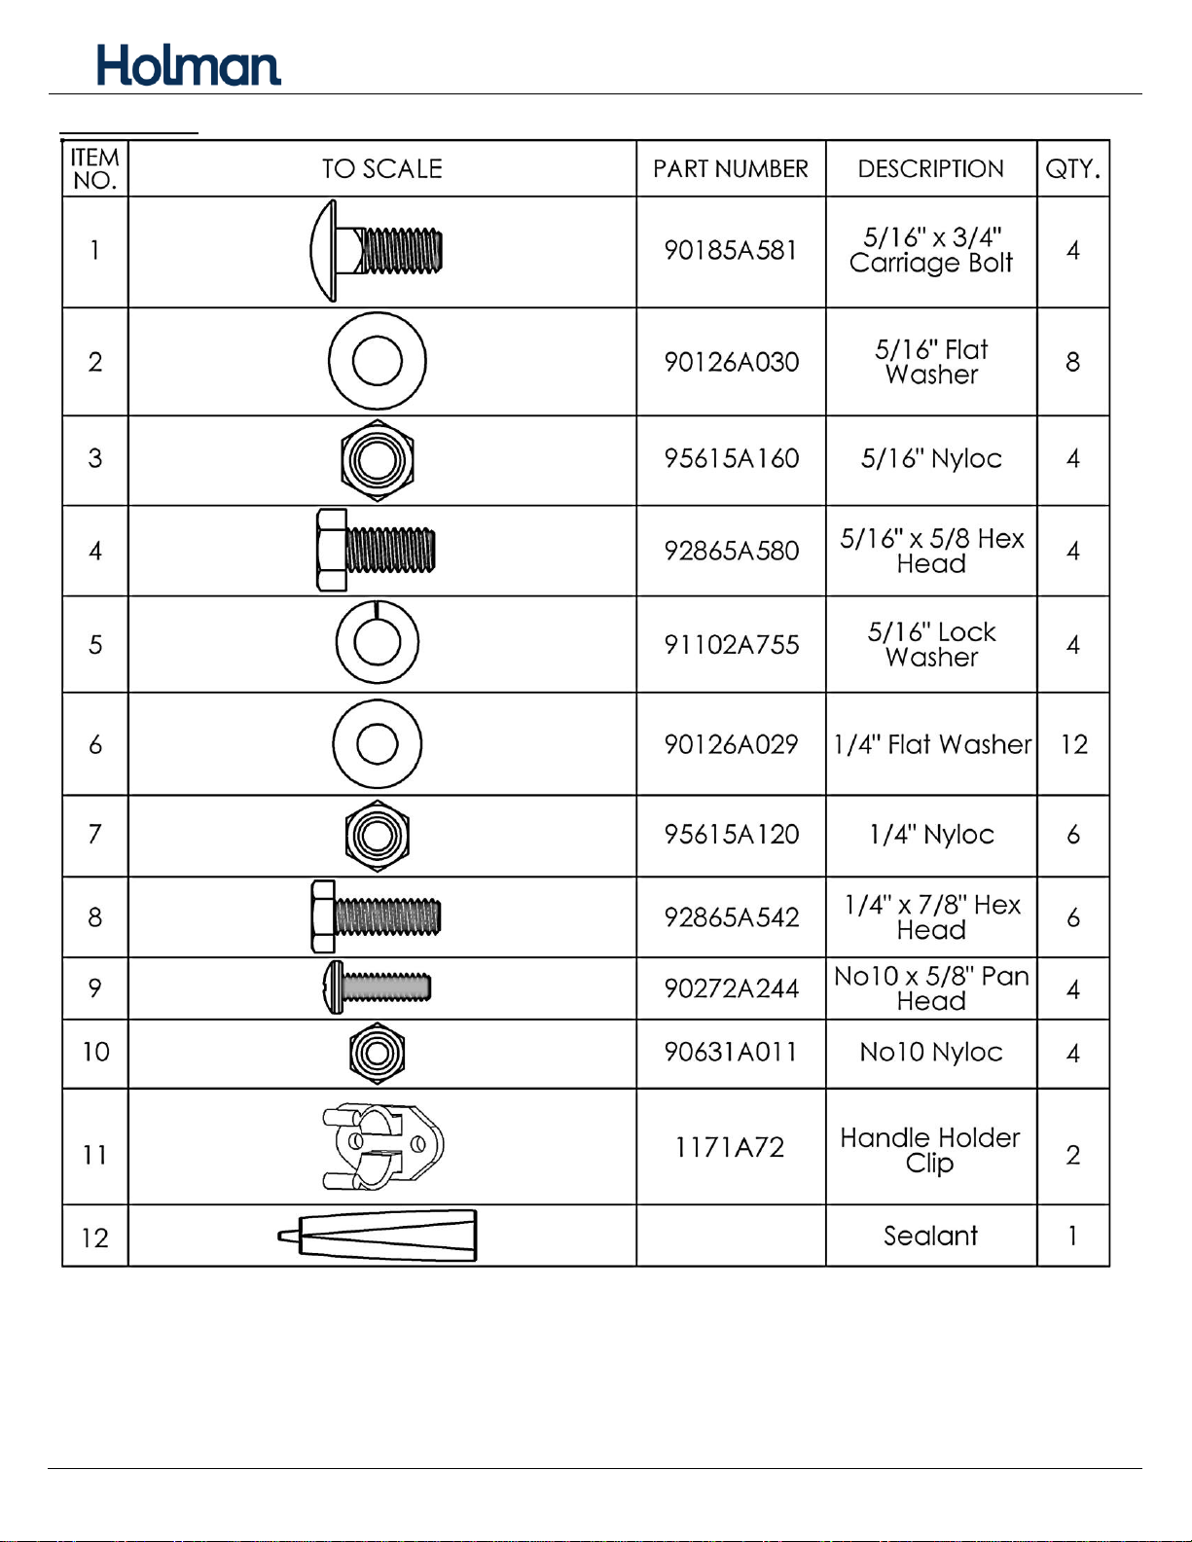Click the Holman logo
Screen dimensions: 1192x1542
(189, 65)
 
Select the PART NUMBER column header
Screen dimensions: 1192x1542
(730, 169)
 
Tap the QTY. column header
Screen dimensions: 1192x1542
(1072, 169)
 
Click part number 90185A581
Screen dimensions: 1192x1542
(730, 250)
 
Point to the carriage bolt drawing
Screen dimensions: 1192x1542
(376, 250)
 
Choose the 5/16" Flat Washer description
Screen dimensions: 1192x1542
(931, 362)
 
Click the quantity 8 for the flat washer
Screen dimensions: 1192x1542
(1072, 362)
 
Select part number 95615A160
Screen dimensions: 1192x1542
(731, 458)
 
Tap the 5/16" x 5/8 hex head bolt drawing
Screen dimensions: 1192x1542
(376, 550)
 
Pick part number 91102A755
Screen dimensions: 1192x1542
(731, 644)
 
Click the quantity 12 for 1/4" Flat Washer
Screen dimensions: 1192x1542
(1073, 744)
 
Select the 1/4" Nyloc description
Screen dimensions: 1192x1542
(931, 835)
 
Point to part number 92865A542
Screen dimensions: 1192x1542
(731, 917)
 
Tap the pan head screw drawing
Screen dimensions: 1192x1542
(377, 987)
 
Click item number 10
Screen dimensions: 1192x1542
(95, 1052)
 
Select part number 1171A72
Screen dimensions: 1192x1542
(730, 1147)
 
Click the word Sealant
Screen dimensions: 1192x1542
(930, 1236)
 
